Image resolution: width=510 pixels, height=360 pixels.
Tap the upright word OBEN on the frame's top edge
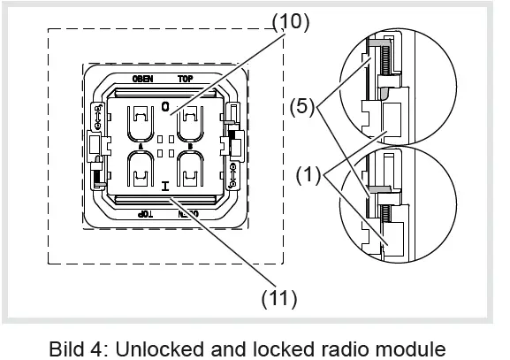point(143,79)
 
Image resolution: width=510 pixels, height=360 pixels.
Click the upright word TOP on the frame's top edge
point(186,79)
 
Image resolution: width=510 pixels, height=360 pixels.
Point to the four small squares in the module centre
point(165,144)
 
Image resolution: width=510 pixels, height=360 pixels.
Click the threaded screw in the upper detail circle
point(386,63)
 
